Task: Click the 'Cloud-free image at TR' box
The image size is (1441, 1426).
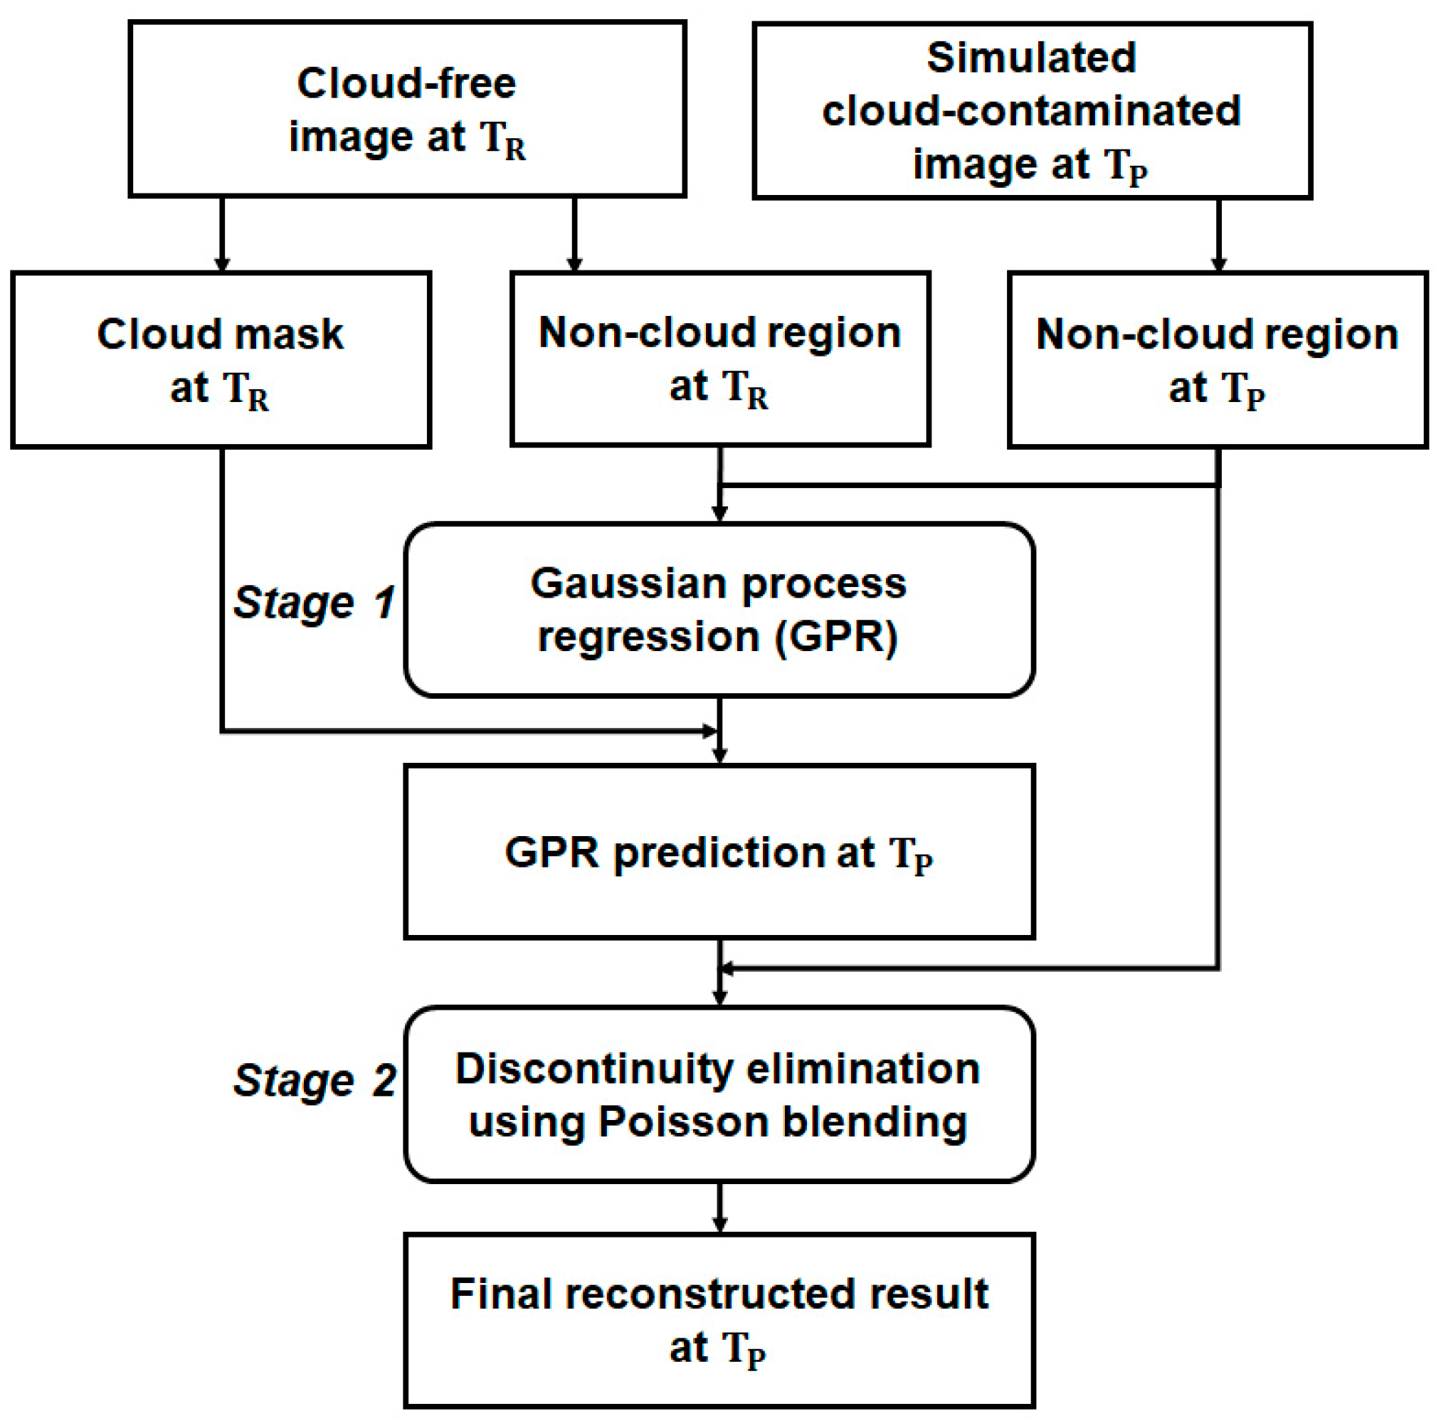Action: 406,109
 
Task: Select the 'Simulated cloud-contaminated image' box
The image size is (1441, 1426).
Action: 1032,110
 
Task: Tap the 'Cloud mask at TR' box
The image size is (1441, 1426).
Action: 221,359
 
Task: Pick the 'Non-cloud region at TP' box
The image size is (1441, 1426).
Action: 1218,359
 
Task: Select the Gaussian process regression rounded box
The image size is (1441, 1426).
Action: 719,609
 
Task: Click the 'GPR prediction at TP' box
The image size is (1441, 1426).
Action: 719,851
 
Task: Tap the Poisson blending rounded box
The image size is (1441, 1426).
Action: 719,1094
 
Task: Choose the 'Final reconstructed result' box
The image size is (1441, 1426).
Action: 719,1320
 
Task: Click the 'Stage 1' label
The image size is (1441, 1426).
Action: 314,603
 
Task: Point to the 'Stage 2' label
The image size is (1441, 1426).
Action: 314,1080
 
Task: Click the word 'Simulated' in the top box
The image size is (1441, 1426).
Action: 1031,58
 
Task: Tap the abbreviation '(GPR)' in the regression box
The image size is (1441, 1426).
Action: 836,637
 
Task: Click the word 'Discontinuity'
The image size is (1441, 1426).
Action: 593,1068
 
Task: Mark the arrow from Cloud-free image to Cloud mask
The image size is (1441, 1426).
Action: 221,234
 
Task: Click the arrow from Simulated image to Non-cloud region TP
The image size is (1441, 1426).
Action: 1218,235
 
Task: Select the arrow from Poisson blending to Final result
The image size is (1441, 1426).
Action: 719,1208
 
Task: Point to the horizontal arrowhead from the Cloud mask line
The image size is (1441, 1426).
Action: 709,731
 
